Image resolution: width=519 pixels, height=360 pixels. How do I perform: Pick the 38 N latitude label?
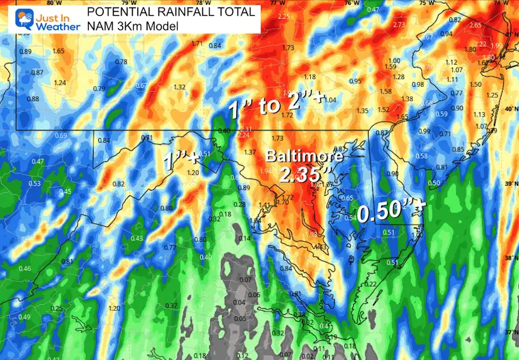coord(511,258)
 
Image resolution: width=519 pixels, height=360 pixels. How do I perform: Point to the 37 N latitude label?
coord(511,332)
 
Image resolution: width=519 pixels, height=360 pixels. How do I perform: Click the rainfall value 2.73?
coord(399,24)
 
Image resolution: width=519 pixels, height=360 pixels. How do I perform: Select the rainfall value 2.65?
coord(476,25)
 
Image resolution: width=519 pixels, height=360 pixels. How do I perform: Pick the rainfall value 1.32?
coord(180,87)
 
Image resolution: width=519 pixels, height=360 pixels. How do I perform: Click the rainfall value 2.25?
coord(283,16)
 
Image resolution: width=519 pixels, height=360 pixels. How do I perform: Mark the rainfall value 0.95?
coord(355,81)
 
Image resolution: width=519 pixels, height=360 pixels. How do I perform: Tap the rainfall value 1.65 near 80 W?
coord(58,51)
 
